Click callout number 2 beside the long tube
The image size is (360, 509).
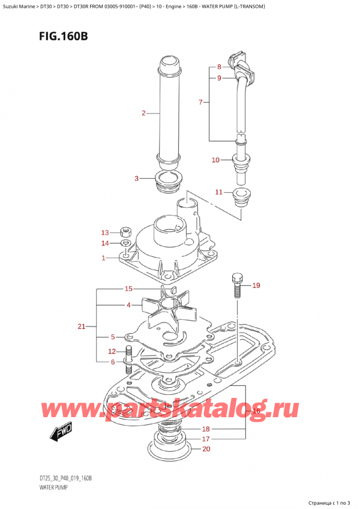click(x=144, y=113)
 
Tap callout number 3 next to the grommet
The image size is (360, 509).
click(x=137, y=178)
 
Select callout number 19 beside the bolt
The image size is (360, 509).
click(x=256, y=285)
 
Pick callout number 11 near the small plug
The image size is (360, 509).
click(x=219, y=192)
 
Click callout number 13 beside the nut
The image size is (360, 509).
click(x=106, y=232)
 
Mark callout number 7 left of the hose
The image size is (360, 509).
click(x=200, y=103)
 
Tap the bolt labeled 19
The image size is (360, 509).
click(x=236, y=285)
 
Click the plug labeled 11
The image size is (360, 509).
click(x=244, y=197)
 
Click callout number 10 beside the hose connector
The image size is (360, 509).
click(x=216, y=160)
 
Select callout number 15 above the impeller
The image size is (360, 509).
click(x=128, y=289)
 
